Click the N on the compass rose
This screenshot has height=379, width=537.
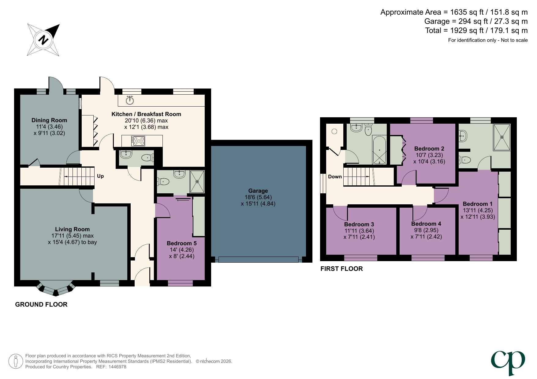click(x=43, y=40)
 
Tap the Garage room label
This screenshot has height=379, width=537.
click(x=258, y=191)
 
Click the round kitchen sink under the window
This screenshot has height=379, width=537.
click(x=130, y=100)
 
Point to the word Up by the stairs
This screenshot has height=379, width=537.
click(x=100, y=176)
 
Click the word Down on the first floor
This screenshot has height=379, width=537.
click(x=335, y=177)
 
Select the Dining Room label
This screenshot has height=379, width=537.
click(x=49, y=120)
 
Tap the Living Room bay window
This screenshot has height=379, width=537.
click(x=55, y=289)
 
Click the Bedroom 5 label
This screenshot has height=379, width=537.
click(x=181, y=243)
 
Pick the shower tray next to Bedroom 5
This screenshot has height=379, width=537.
click(x=197, y=181)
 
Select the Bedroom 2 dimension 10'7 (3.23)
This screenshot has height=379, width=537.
click(x=429, y=155)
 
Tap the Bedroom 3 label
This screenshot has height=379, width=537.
click(x=359, y=224)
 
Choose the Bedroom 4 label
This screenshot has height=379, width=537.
click(x=426, y=224)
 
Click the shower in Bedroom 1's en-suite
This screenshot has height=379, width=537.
click(x=502, y=137)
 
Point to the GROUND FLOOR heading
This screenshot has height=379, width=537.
click(x=41, y=304)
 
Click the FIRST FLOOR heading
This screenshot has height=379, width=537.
click(x=341, y=269)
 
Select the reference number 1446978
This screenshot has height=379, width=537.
click(x=117, y=367)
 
